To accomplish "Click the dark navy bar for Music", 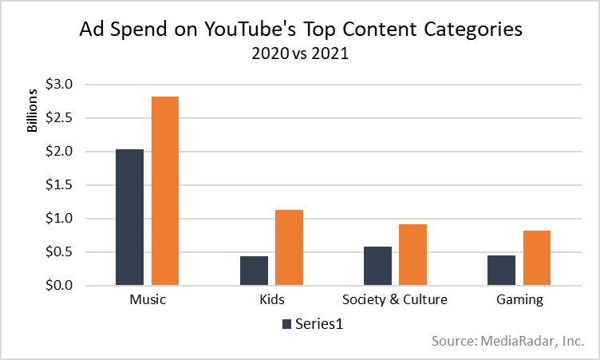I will point(129,217).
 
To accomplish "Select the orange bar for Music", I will point(165,191).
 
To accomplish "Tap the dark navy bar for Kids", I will point(254,271).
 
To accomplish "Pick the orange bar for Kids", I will point(289,247).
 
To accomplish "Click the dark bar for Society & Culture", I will point(377,266).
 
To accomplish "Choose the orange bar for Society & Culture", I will point(412,255).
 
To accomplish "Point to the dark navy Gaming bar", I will point(501,270).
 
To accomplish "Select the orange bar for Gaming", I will point(536,258).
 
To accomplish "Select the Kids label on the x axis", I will point(271,301).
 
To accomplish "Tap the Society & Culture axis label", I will point(395,301).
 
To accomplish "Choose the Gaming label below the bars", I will point(519,301).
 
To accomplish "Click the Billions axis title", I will point(33,112).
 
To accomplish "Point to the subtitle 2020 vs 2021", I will point(301,55).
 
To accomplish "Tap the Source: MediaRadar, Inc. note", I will point(508,342).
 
